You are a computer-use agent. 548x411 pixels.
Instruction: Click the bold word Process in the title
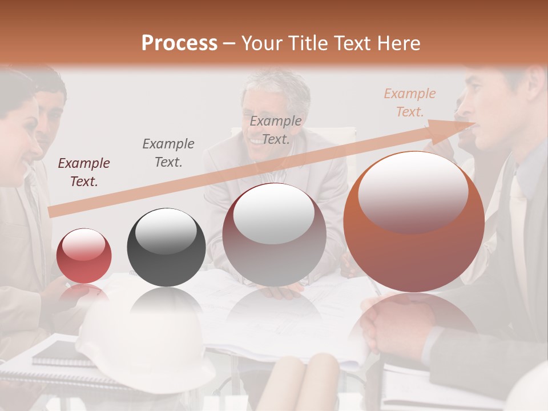[x=179, y=43]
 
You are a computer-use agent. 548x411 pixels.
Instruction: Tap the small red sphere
[x=84, y=255]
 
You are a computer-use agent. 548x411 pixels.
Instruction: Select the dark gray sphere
[x=166, y=247]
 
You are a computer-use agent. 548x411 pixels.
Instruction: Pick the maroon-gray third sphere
[x=274, y=234]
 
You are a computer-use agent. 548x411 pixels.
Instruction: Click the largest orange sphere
[x=414, y=221]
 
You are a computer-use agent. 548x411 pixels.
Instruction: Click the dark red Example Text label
[x=84, y=172]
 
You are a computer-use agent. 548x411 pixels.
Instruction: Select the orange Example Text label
[x=410, y=103]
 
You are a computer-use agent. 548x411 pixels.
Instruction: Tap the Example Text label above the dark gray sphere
[x=168, y=152]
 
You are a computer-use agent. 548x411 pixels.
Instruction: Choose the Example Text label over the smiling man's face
[x=276, y=130]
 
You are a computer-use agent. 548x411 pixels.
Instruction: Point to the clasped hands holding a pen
[x=394, y=320]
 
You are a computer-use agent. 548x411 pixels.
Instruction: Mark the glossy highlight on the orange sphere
[x=413, y=191]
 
